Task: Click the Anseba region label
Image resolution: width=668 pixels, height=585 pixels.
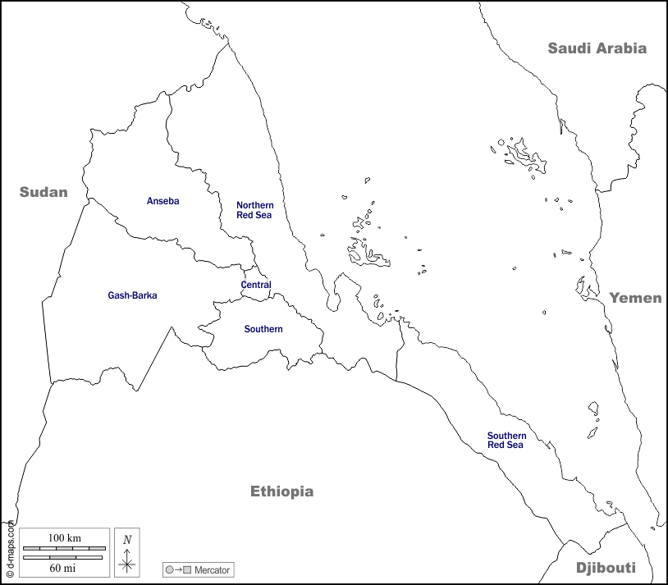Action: (162, 201)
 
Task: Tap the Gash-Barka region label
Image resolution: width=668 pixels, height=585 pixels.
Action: (132, 295)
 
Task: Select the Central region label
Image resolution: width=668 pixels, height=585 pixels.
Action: (256, 285)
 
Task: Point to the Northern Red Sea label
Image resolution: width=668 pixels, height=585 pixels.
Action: (254, 210)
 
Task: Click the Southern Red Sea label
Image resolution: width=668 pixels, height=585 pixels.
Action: (506, 441)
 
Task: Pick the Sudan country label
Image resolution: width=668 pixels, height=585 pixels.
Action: (43, 192)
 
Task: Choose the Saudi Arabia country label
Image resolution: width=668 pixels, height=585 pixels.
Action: (597, 48)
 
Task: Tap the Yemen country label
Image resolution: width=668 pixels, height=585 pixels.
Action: (634, 298)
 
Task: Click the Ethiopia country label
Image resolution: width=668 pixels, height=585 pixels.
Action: (281, 491)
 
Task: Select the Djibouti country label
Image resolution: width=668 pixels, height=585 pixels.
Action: (606, 568)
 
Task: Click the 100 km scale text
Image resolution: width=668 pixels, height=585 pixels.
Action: (64, 537)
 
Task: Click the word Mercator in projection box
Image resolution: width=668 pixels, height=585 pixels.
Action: (213, 569)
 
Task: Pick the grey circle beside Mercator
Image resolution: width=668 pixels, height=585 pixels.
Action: (169, 569)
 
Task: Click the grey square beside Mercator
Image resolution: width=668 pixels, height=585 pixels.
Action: (187, 569)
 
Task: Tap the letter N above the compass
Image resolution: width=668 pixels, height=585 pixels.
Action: (126, 539)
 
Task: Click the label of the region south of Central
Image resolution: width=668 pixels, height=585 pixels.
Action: (263, 329)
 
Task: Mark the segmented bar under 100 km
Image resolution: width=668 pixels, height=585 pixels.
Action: (64, 547)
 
